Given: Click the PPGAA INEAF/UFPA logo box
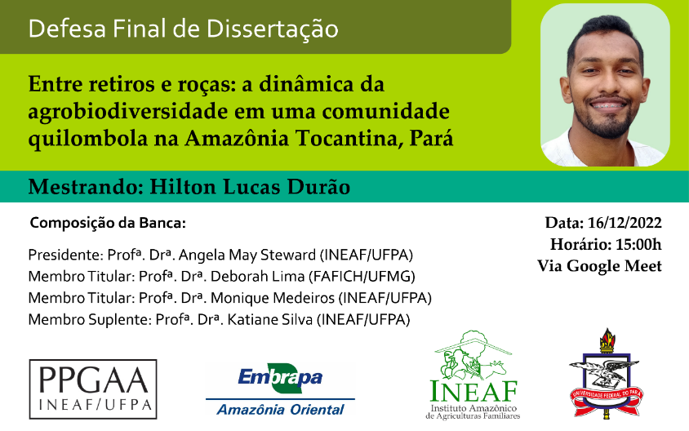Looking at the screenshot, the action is point(93,389).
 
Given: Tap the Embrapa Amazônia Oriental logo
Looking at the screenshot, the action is point(280,390).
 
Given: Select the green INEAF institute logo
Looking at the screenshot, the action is point(473,375).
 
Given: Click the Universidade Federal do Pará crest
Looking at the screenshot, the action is point(607,373).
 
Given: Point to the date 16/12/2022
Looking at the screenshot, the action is point(625,223).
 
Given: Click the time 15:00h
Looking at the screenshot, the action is point(638,244).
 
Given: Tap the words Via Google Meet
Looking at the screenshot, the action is point(599,266).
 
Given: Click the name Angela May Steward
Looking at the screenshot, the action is point(247,255).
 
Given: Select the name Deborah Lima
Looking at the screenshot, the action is point(257,277).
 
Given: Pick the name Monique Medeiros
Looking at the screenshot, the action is point(273,298).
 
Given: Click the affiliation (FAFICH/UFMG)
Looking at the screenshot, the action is point(362,277).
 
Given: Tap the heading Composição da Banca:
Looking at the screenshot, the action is point(108,223).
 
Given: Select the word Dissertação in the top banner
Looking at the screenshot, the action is point(273,29).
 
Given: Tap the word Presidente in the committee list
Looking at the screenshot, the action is point(65,255).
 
